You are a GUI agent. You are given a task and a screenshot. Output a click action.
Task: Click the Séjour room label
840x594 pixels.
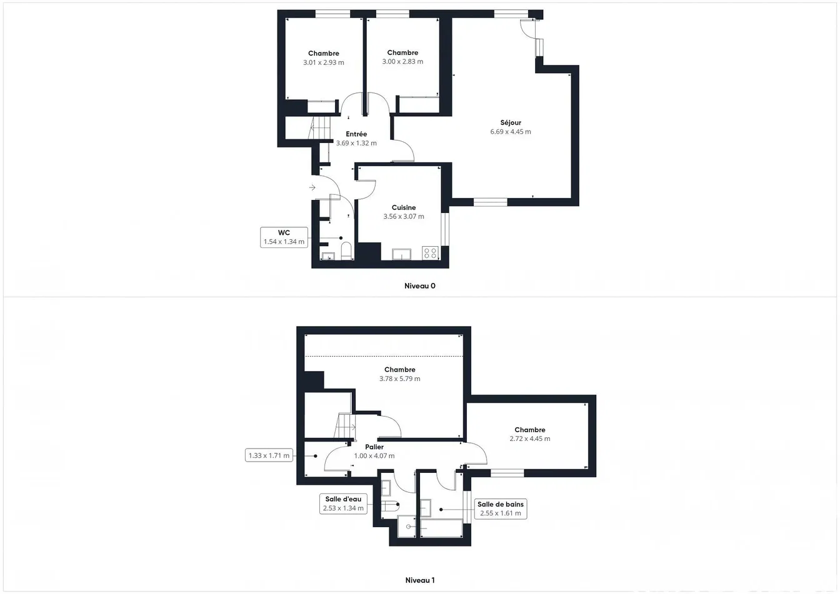[x=511, y=122]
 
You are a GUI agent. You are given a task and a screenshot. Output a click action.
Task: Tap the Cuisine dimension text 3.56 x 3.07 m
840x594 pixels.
[x=404, y=216]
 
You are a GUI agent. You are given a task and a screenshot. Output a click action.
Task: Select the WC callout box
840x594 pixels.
[x=284, y=237]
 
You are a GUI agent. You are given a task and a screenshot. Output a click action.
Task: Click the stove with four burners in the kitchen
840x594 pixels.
[x=430, y=252]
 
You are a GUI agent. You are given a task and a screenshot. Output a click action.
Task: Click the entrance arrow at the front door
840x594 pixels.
[x=312, y=187]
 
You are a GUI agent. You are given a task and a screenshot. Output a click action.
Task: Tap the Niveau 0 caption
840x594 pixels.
[x=419, y=286]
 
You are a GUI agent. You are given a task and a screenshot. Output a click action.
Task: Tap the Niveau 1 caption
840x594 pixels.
[x=419, y=580]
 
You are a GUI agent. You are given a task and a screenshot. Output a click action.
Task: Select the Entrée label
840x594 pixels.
[x=356, y=134]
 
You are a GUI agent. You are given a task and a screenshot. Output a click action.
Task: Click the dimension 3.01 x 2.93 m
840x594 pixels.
[x=324, y=62]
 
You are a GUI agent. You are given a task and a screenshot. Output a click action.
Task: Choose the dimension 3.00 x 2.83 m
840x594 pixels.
[x=402, y=61]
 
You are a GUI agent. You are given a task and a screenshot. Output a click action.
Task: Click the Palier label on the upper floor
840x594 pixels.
[x=374, y=447]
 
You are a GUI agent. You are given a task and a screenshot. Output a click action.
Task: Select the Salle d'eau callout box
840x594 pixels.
[x=343, y=503]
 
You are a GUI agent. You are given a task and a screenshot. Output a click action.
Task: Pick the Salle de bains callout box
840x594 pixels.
[x=501, y=508]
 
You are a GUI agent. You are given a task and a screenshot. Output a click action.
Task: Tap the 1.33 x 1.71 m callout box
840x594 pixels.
[x=269, y=455]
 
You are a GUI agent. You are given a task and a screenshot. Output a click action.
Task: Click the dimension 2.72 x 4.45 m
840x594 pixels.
[x=530, y=438]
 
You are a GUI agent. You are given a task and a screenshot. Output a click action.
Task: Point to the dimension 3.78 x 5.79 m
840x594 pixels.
[x=400, y=379]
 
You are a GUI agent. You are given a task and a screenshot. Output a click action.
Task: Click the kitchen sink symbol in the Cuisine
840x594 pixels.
[x=402, y=254]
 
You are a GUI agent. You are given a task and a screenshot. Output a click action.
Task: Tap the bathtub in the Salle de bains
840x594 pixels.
[x=441, y=528]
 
